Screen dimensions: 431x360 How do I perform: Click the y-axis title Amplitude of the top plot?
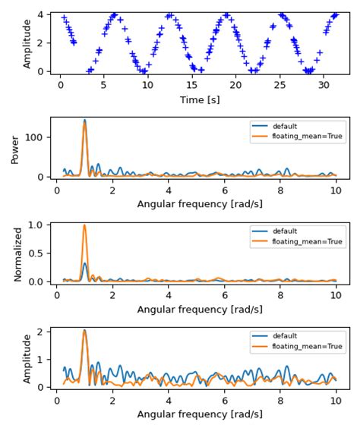(x=27, y=43)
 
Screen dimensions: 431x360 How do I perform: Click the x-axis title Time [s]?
(x=200, y=99)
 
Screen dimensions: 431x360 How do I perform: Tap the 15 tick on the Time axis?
(x=192, y=85)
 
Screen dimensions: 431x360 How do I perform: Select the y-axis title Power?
(x=16, y=149)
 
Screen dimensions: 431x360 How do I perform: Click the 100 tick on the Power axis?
(x=37, y=137)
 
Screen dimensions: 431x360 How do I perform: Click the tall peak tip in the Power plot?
(x=84, y=121)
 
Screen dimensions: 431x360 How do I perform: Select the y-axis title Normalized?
(x=18, y=253)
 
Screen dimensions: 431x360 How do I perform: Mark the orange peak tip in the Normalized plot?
(x=84, y=225)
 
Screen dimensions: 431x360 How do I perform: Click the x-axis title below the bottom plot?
(x=200, y=414)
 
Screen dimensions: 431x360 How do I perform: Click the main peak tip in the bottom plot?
(x=84, y=330)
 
